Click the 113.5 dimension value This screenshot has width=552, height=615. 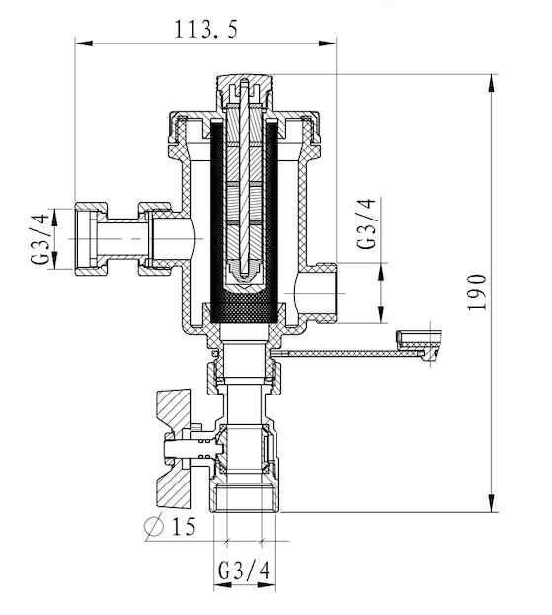205,29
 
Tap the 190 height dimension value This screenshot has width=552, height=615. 477,293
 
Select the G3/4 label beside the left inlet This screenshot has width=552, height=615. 40,238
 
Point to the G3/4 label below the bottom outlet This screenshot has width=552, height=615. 244,571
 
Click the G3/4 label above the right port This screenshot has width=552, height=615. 366,223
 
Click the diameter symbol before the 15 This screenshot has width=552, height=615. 154,526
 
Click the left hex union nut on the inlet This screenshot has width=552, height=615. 91,238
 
